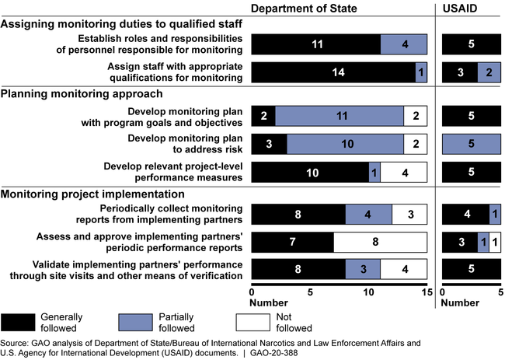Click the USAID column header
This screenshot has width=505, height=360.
(x=471, y=9)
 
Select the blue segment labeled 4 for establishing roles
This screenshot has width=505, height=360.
(x=403, y=45)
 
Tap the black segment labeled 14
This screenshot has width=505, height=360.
(x=333, y=72)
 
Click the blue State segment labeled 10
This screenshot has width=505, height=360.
(x=345, y=144)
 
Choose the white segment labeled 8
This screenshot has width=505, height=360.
(x=380, y=242)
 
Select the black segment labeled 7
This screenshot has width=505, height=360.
(x=293, y=242)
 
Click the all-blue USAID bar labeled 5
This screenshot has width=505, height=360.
(x=471, y=144)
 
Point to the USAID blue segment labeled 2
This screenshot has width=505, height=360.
(x=489, y=72)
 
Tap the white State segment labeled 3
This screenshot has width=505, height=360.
(x=409, y=215)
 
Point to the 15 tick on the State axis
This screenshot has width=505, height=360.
(x=427, y=292)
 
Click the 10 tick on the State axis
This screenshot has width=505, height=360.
(x=368, y=292)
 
